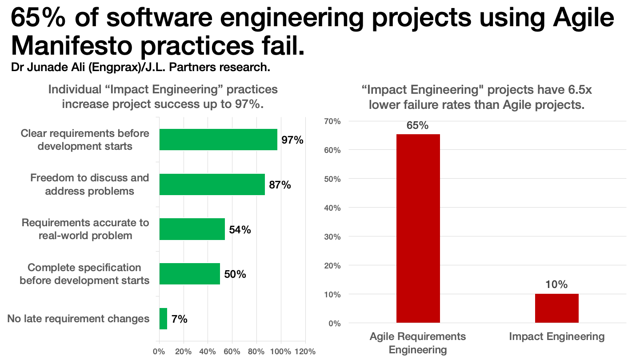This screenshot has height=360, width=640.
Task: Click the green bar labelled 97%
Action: pos(218,140)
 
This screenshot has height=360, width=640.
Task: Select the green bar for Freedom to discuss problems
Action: pos(212,184)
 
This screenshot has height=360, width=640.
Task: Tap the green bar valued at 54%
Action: pos(192,229)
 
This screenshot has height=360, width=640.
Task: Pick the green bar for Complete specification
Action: pos(190,274)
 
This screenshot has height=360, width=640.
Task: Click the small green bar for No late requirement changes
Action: pos(163,319)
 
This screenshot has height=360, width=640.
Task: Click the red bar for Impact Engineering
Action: pos(556,308)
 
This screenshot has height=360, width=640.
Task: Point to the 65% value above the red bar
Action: pos(418,126)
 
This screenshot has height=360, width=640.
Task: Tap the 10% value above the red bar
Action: pos(556,285)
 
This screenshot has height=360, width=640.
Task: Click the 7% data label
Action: pos(180,319)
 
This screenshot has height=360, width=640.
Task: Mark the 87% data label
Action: pos(280,185)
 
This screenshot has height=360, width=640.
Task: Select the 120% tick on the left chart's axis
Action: pos(304,351)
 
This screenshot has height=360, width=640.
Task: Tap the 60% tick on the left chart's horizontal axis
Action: pos(232,351)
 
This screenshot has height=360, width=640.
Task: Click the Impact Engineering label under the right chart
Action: pos(556,336)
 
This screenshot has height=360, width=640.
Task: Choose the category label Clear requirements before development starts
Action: pos(85,140)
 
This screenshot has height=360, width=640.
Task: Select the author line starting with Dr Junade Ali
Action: pos(140,68)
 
